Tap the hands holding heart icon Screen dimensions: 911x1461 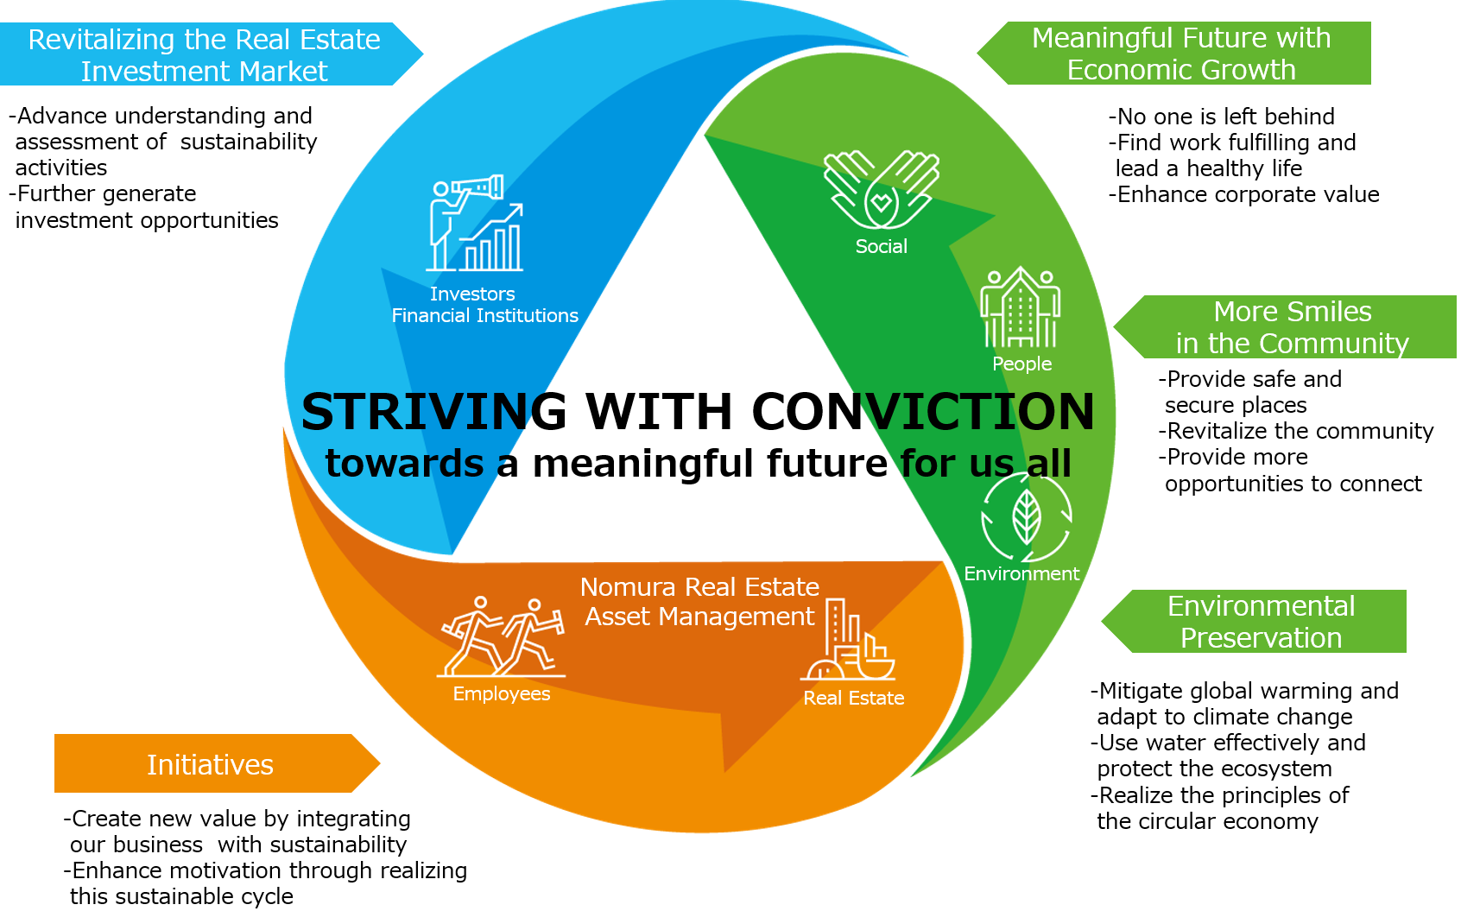881,190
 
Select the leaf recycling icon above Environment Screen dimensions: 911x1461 1026,517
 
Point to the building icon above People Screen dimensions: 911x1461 1021,307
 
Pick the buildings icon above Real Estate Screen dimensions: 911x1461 849,643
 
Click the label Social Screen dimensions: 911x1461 881,247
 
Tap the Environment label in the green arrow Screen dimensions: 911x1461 1021,574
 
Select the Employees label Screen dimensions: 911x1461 501,694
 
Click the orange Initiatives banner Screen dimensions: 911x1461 211,764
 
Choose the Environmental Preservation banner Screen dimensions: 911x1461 1261,622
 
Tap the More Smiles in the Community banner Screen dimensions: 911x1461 1292,327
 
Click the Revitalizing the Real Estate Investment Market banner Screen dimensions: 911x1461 205,55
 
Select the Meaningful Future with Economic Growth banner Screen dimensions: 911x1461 1180,54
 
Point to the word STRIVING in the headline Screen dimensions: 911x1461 433,411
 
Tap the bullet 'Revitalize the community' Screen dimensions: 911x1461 1296,431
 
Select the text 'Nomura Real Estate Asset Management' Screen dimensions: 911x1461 699,602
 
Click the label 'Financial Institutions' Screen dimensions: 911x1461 484,316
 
